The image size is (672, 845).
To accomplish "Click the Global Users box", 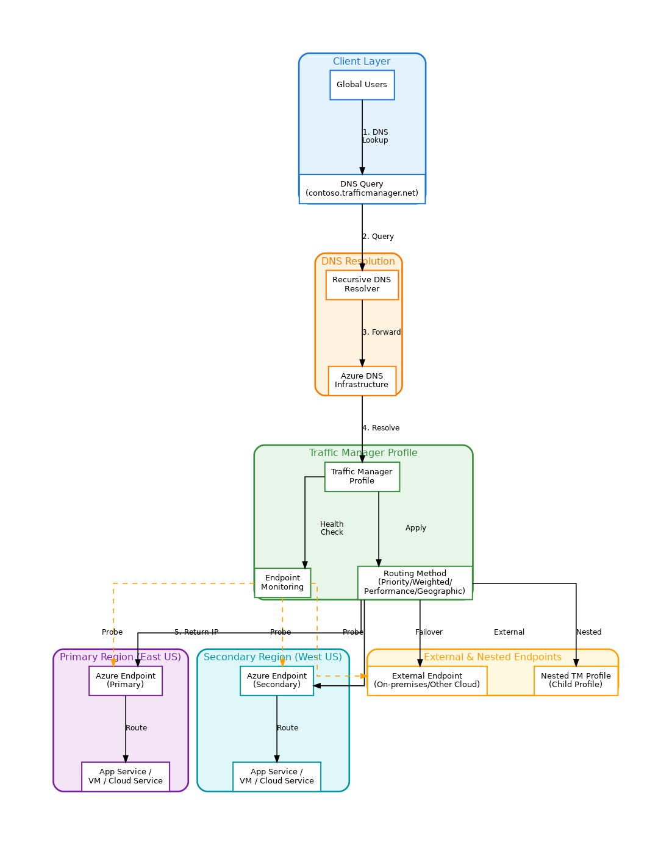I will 362,85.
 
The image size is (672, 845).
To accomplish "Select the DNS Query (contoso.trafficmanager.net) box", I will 362,188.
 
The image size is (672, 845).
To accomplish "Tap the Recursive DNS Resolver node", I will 362,285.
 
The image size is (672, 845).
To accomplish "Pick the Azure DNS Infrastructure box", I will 362,380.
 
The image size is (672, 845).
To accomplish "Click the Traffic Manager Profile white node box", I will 362,476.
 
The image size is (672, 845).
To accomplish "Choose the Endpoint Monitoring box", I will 282,583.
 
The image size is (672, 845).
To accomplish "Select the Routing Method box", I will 415,582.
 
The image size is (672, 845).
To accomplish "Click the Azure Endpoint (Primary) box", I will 126,680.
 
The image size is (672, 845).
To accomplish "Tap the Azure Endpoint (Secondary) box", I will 277,680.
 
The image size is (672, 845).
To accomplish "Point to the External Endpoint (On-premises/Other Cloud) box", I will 427,680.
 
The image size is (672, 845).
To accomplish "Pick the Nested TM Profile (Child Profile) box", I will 576,680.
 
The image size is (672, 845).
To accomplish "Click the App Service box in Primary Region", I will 126,776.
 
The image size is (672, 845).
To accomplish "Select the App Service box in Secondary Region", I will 277,776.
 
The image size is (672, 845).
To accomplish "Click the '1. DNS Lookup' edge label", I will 375,136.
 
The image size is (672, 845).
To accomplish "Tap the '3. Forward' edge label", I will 382,332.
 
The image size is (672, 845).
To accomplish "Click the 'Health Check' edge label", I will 332,528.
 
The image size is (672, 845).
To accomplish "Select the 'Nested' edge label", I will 589,632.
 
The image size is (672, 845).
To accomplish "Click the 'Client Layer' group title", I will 362,62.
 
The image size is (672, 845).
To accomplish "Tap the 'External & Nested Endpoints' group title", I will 493,657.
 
